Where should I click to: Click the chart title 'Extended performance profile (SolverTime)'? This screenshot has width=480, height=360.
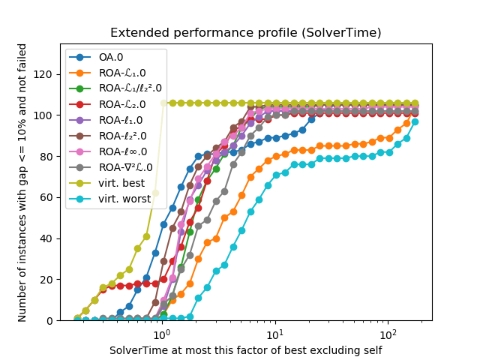point(245,33)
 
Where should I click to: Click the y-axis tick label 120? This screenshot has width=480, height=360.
point(46,75)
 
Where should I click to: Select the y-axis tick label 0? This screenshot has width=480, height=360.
point(51,320)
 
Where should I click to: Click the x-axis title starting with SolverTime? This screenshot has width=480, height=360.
point(245,350)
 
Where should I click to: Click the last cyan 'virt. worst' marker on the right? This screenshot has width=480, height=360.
point(415,121)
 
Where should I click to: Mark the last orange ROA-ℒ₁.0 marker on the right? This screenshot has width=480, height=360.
point(415,111)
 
